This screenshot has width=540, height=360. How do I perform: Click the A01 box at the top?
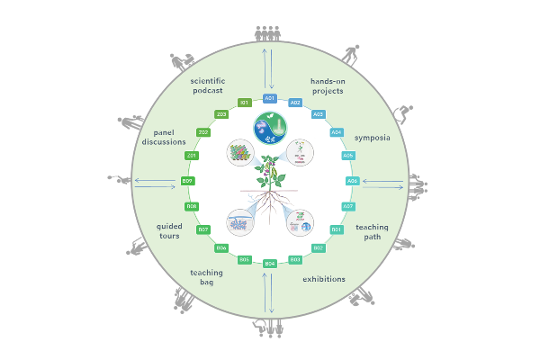tap(269, 98)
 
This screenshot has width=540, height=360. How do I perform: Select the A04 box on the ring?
tap(337, 132)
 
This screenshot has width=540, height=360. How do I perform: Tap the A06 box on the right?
tap(353, 181)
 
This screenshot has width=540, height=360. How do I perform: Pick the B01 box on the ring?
tap(337, 229)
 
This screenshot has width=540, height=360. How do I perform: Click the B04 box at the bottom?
tap(269, 264)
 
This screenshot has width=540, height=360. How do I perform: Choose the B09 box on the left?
tap(187, 181)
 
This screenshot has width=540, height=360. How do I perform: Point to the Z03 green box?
tap(221, 114)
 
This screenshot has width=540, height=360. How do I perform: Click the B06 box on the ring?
tap(221, 247)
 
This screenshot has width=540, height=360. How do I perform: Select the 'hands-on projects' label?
tap(328, 85)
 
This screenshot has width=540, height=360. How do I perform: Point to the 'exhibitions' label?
tap(324, 279)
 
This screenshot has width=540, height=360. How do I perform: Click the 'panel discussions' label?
tap(164, 136)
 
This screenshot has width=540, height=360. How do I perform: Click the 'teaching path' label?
tap(373, 232)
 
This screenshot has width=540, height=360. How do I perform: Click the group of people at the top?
tap(269, 33)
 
